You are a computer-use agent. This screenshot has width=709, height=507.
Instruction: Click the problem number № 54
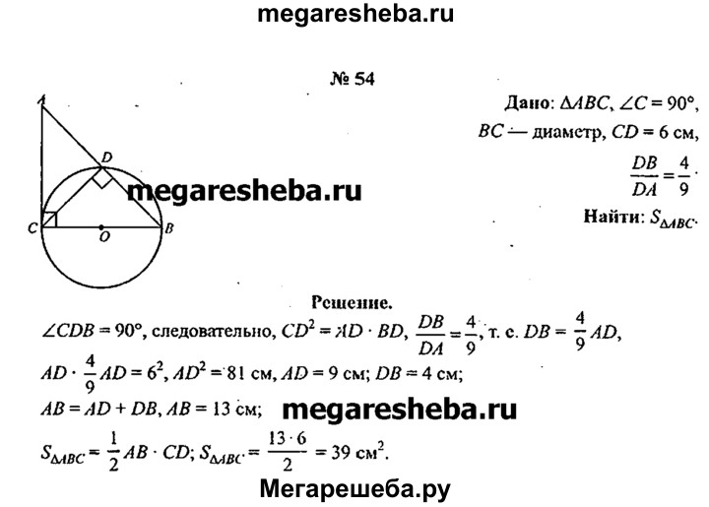pos(353,79)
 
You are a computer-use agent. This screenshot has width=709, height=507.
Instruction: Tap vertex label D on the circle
pos(107,158)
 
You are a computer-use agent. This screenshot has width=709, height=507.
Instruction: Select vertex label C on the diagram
pos(32,228)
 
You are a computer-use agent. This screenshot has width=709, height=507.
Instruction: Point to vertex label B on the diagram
pos(169,228)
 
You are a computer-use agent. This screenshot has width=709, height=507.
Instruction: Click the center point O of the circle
pos(101,226)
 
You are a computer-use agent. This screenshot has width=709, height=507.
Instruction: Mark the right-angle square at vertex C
pos(49,220)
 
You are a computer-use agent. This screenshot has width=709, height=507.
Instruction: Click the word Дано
pos(526,104)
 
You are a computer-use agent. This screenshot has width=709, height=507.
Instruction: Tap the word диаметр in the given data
pos(567,133)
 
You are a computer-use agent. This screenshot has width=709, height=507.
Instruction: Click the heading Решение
pos(352,302)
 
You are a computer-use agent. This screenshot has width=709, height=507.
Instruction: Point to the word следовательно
pos(212,332)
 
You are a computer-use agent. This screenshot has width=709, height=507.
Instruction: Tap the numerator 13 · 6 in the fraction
pos(288,438)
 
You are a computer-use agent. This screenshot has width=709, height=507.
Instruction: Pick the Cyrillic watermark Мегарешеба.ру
pos(354,488)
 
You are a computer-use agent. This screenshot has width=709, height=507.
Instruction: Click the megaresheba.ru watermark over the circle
pos(244,191)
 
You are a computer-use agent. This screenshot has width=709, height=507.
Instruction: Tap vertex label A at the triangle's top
pos(41,100)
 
